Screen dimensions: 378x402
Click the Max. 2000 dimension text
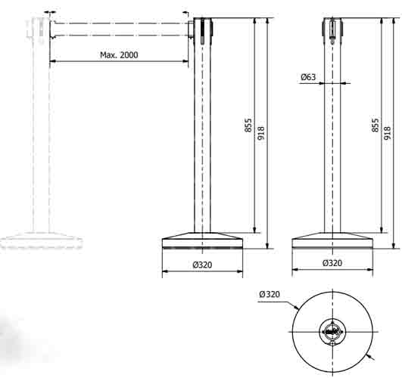(x=119, y=55)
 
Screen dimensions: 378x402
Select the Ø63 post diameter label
(x=308, y=77)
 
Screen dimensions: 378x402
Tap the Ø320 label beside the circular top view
(x=270, y=294)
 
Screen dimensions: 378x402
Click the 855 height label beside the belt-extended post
(x=248, y=125)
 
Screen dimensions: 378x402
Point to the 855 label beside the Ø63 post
(x=376, y=125)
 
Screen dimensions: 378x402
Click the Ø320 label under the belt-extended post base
(x=202, y=264)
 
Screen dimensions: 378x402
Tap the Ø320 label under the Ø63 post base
(x=332, y=264)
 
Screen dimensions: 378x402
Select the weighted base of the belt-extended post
(x=202, y=240)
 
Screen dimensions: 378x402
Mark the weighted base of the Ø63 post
(x=332, y=240)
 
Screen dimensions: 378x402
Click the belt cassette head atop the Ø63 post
(x=332, y=28)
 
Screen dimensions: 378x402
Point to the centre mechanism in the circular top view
(x=332, y=330)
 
